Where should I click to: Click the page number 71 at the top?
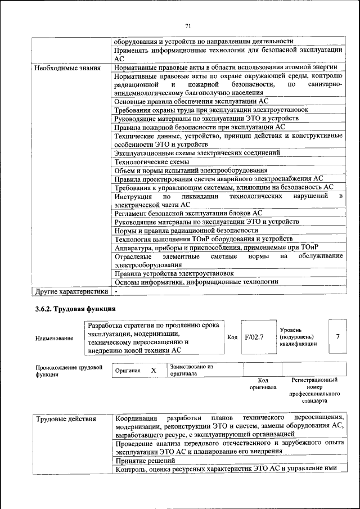(x=188, y=25)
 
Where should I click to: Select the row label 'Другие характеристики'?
(x=70, y=292)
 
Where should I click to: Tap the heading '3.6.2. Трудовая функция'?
(x=75, y=309)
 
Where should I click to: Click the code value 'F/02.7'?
(x=254, y=337)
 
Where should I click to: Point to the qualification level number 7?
(x=337, y=336)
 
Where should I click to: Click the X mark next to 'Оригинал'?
(x=153, y=371)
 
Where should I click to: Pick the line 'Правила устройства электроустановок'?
(x=174, y=273)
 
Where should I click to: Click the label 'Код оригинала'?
(x=263, y=384)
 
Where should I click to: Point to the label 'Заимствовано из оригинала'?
(x=191, y=370)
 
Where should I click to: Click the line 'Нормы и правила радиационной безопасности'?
(x=186, y=230)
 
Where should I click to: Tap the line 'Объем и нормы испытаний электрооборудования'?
(x=191, y=170)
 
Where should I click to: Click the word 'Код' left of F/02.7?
(x=232, y=337)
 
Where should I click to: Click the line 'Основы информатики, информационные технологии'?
(x=196, y=282)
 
